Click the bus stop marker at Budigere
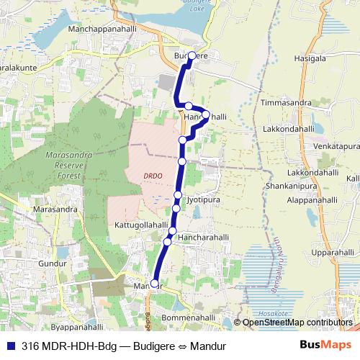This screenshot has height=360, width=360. (192, 55)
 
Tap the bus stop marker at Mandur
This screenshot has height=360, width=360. (155, 284)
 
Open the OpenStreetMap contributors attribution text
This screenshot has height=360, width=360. (297, 323)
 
